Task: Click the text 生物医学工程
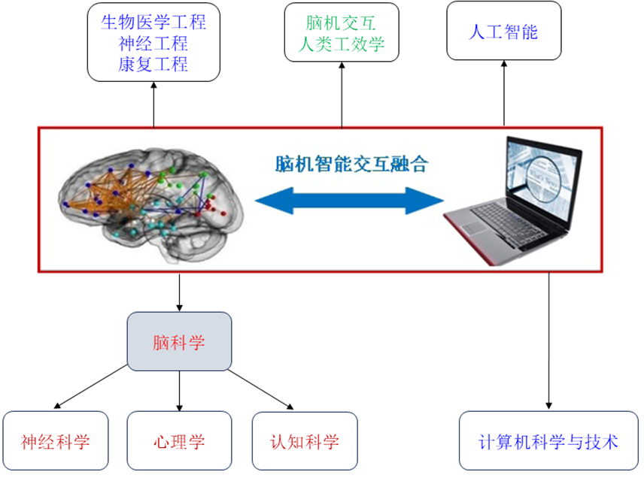tap(153, 21)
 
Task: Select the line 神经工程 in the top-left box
tap(153, 43)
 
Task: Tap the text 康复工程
tap(153, 65)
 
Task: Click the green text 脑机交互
tap(341, 21)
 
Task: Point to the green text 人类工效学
tap(341, 44)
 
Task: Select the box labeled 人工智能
tap(503, 32)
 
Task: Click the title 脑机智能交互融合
tap(349, 163)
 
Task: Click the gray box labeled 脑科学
tap(179, 343)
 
